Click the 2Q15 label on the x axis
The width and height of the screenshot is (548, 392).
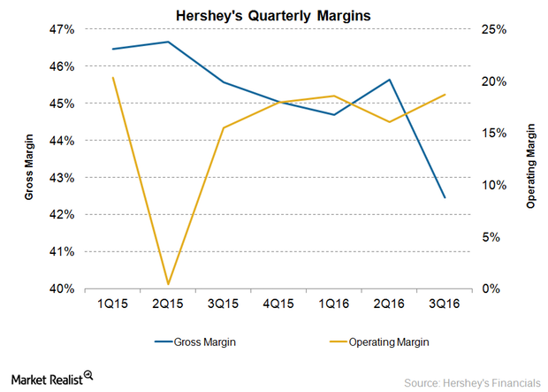168,304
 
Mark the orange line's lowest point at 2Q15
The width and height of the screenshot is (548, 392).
168,284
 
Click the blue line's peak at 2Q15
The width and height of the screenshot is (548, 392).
168,42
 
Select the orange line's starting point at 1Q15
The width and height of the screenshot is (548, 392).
113,78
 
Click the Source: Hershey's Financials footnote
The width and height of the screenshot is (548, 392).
472,382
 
